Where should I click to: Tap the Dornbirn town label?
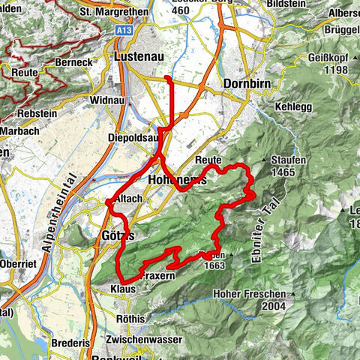point(246,84)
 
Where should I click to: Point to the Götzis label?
point(115,235)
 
